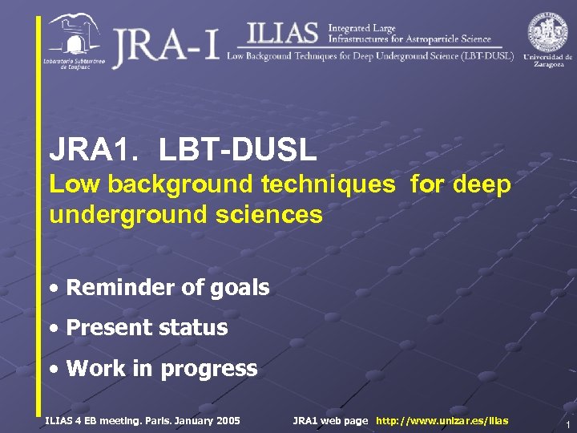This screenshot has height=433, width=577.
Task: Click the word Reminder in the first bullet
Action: [x=120, y=287]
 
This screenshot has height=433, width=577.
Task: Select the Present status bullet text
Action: [x=147, y=327]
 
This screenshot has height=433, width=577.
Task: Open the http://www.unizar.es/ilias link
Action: [x=442, y=420]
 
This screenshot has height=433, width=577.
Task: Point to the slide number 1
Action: [x=567, y=424]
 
